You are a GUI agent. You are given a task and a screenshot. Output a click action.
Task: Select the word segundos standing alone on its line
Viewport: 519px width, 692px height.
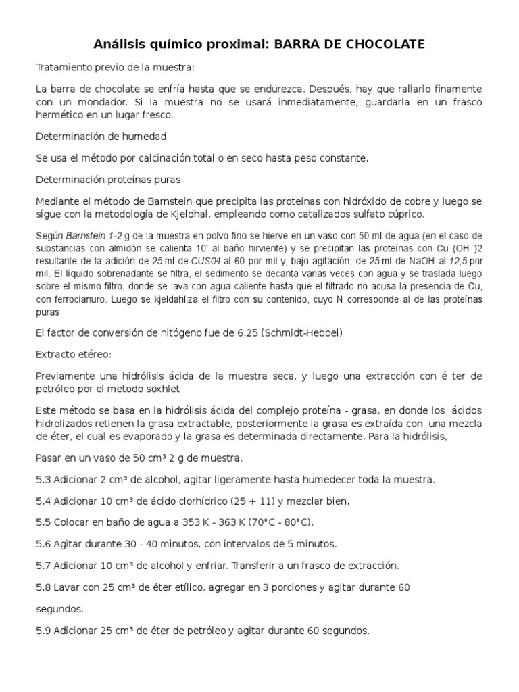pyautogui.click(x=59, y=609)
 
